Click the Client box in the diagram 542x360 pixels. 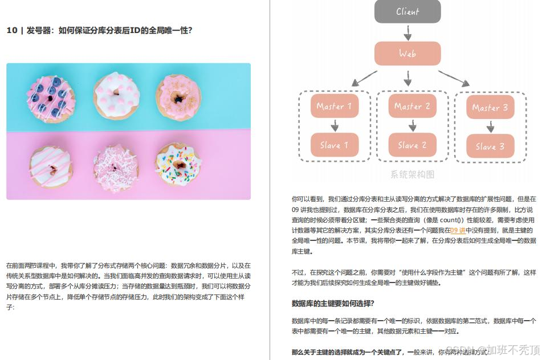407,11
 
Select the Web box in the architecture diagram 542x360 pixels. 407,54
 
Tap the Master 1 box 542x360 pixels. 335,107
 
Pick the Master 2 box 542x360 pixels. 413,107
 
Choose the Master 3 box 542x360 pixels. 490,108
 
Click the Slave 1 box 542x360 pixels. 335,145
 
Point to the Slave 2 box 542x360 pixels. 413,145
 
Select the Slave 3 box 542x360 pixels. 490,146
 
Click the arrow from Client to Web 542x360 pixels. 407,32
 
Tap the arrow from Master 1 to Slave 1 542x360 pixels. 335,126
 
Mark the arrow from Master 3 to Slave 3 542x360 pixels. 490,127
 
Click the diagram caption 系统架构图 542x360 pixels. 413,174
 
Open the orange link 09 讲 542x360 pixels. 458,230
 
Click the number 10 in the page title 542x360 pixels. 12,31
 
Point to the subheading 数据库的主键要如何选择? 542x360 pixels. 333,303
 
